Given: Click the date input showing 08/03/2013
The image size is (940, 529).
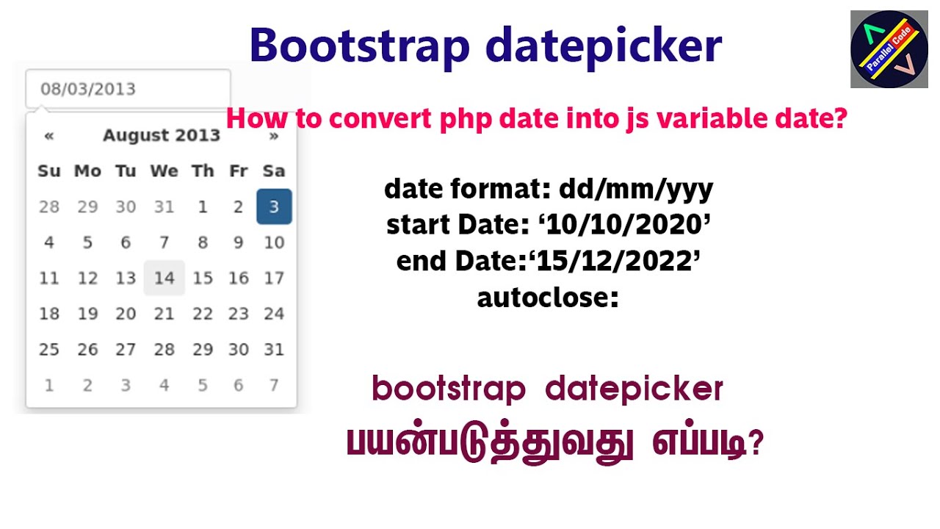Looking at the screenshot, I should pos(128,89).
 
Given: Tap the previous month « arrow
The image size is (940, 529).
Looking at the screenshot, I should pos(49,135).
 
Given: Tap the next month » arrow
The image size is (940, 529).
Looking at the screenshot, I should pos(274,135).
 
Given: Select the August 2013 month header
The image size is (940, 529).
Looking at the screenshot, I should pos(162,135).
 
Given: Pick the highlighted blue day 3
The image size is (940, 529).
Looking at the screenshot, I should pos(274,206).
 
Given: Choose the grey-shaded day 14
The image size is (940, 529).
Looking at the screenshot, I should pos(164,278).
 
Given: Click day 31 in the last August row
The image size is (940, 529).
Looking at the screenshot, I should pos(274,349).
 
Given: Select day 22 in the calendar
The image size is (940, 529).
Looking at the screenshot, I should pos(203,314).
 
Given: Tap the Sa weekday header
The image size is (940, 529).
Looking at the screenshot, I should pos(274,171).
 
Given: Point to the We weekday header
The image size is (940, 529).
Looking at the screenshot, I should pos(164,171).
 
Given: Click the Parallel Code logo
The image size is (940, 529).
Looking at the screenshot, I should pos(889,49).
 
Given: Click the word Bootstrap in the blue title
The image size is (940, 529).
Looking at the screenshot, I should pos(359,46).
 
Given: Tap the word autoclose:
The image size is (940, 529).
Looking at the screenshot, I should pos(547,298).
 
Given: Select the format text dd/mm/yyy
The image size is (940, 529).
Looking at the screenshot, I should pos(636,190).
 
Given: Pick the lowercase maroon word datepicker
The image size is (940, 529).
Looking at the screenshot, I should pos(634,389).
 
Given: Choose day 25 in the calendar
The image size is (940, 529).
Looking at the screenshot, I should pos(49,349).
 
